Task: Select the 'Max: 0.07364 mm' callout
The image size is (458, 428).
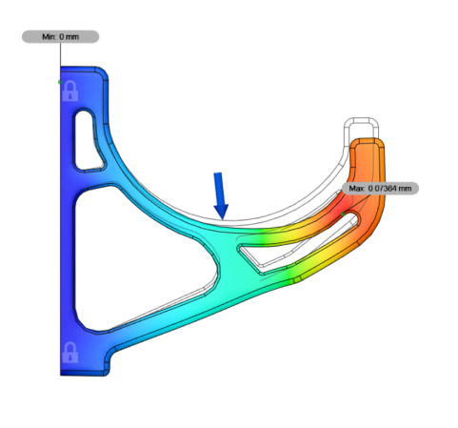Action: [x=379, y=188]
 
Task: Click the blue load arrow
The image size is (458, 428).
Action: [x=221, y=195]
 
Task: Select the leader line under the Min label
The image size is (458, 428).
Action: [x=60, y=62]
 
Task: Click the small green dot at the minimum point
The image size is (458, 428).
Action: [x=61, y=83]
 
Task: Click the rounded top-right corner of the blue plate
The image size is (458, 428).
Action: [x=100, y=74]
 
